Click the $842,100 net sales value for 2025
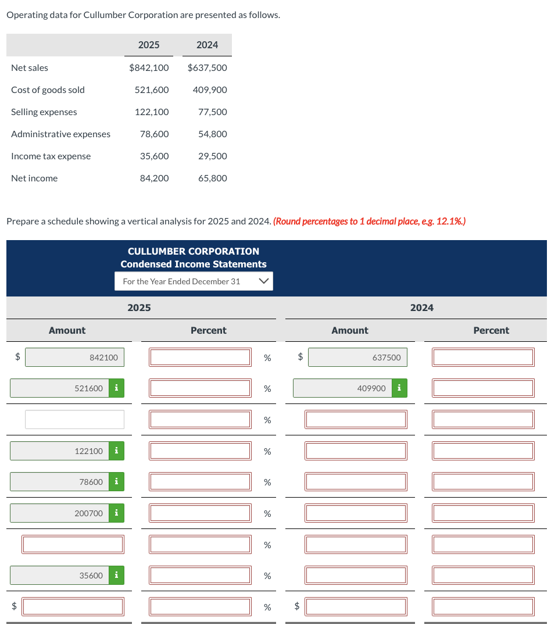(149, 68)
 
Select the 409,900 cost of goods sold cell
(209, 90)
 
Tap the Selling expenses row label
(44, 112)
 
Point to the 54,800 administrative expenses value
(212, 134)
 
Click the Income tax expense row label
(51, 156)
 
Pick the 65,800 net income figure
(212, 178)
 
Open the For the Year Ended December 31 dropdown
(194, 281)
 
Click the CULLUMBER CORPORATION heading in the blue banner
(194, 251)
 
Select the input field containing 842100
(74, 358)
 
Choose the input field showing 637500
(357, 358)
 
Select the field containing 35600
(60, 576)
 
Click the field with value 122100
(60, 451)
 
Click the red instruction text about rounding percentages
(369, 221)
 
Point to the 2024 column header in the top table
(207, 45)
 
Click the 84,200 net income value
(154, 178)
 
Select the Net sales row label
(30, 68)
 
